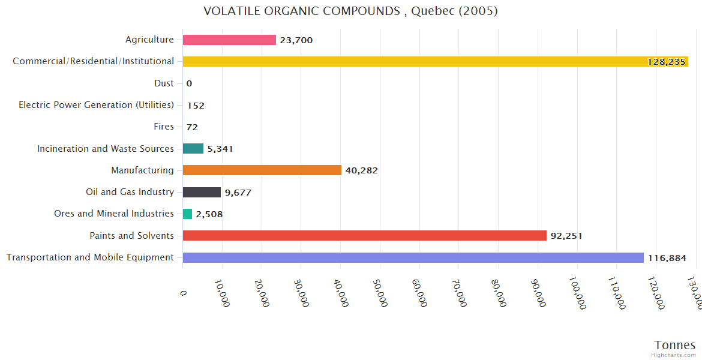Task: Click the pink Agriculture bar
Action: pyautogui.click(x=229, y=40)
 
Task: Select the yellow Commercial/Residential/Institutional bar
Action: pyautogui.click(x=435, y=61)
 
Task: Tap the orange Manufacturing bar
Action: pyautogui.click(x=262, y=170)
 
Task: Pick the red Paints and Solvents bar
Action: pyautogui.click(x=364, y=236)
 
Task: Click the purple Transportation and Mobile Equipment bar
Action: pyautogui.click(x=413, y=257)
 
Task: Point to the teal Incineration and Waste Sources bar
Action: pyautogui.click(x=193, y=149)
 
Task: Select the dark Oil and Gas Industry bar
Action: pyautogui.click(x=202, y=192)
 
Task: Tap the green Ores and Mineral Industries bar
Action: pyautogui.click(x=188, y=214)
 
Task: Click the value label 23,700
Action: pyautogui.click(x=296, y=40)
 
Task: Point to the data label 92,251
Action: pyautogui.click(x=566, y=236)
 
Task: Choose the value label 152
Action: pyautogui.click(x=196, y=106)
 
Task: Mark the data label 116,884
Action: pyautogui.click(x=667, y=258)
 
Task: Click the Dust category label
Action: pyautogui.click(x=164, y=83)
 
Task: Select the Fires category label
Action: pyautogui.click(x=164, y=127)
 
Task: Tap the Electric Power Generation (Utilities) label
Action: pyautogui.click(x=96, y=105)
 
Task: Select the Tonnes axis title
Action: pyautogui.click(x=674, y=345)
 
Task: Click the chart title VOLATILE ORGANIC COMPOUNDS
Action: pyautogui.click(x=350, y=11)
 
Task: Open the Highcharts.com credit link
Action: pyautogui.click(x=674, y=355)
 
